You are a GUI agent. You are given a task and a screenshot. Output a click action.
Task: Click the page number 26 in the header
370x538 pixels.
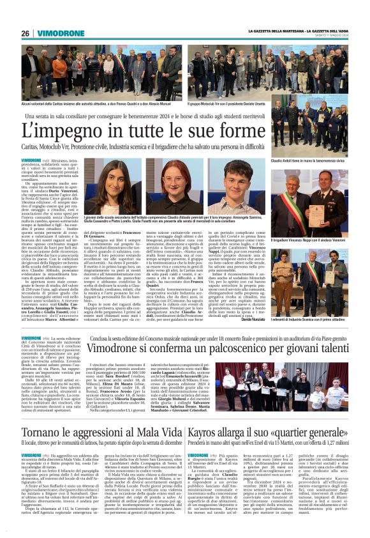click(x=26, y=33)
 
